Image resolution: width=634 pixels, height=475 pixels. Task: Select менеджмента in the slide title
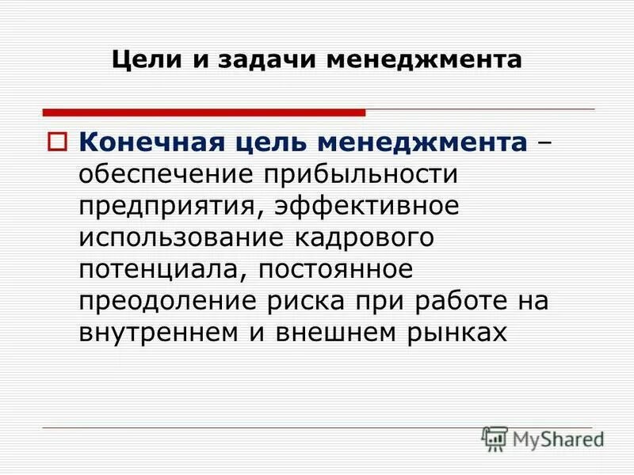click(x=414, y=60)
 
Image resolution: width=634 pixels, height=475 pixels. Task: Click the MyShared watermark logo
click(x=543, y=437)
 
